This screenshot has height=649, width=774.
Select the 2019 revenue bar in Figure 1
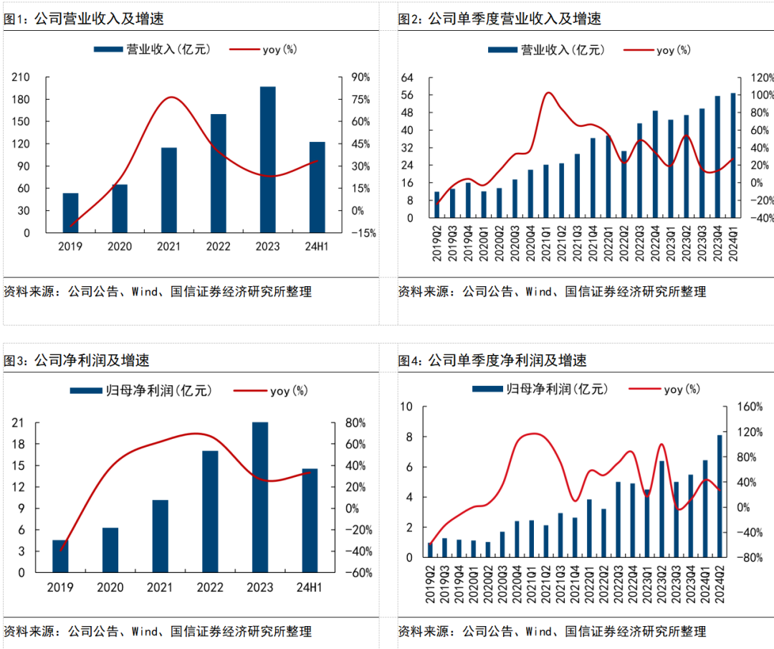71,212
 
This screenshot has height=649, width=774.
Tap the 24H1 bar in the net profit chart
310,520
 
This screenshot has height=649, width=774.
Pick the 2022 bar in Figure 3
210,511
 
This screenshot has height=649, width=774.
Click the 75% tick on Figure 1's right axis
360,100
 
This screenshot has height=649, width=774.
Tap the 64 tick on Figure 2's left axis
408,77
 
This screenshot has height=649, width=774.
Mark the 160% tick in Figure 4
750,407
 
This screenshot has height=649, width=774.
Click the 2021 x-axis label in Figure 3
160,588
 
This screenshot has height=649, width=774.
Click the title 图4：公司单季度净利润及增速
492,361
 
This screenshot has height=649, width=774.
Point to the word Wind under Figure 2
539,292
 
